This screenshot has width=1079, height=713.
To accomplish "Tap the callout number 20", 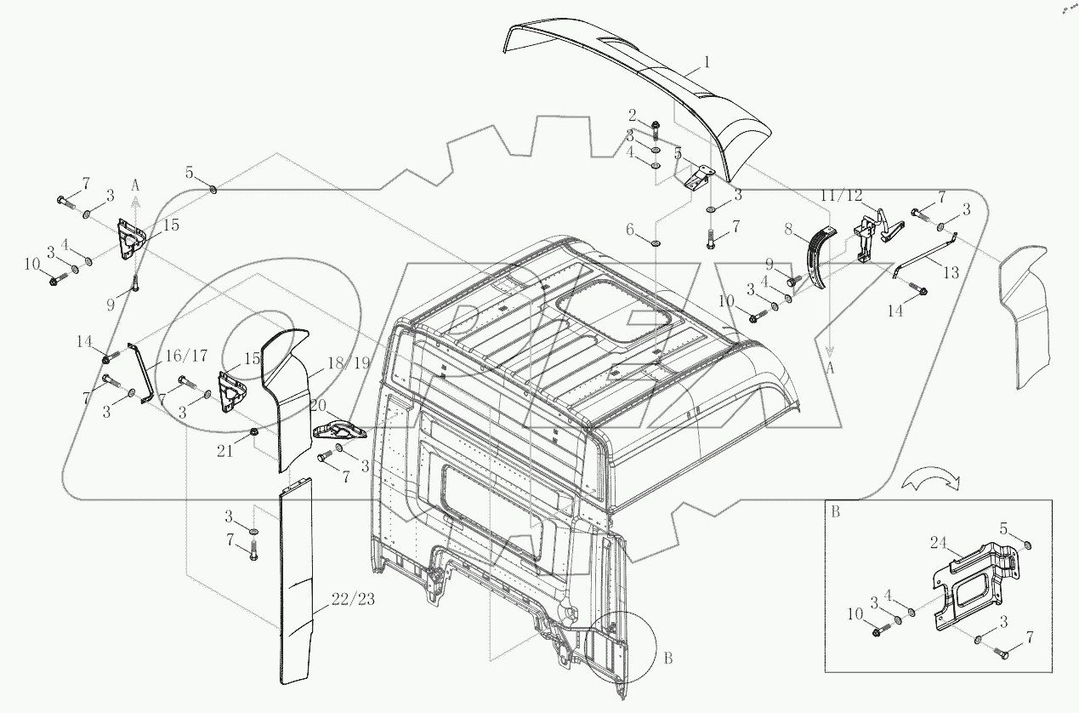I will [x=318, y=403].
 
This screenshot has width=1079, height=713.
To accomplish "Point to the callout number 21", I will [x=224, y=451].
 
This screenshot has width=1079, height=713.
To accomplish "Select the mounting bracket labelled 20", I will [x=338, y=430].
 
